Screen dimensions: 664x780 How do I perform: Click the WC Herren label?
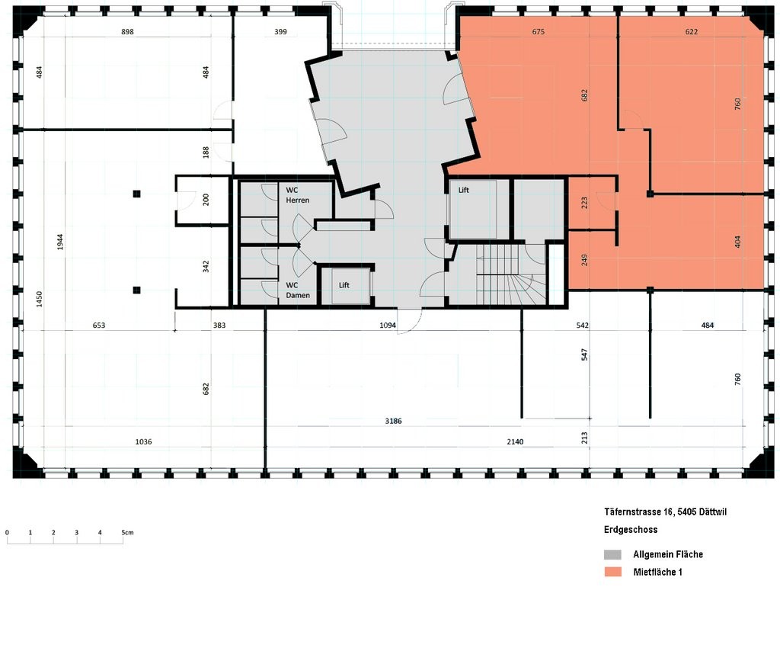[297, 194]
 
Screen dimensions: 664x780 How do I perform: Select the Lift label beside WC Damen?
[344, 285]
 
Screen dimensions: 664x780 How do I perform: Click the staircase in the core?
[509, 275]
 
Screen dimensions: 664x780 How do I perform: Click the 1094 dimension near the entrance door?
[388, 326]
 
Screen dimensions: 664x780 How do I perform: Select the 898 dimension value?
[127, 32]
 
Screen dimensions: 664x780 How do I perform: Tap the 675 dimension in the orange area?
[538, 32]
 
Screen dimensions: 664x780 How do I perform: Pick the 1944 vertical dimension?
[59, 242]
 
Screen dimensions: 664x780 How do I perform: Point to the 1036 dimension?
[143, 441]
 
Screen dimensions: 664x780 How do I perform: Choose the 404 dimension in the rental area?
[737, 242]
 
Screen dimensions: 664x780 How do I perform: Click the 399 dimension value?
[280, 32]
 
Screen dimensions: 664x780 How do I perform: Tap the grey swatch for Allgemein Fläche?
[612, 554]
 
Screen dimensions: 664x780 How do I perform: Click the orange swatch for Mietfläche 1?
[612, 572]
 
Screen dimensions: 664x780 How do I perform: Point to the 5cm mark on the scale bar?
[125, 532]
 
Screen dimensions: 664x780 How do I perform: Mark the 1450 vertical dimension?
[38, 299]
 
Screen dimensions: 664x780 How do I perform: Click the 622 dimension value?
[691, 32]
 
